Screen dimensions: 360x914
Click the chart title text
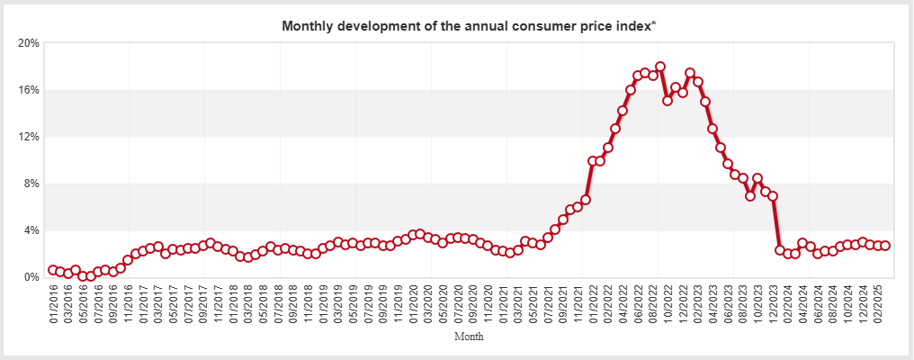point(469,25)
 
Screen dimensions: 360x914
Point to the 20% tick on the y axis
point(29,43)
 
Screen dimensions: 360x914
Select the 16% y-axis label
point(29,90)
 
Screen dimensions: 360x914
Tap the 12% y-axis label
point(29,137)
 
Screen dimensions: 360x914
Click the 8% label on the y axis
point(31,184)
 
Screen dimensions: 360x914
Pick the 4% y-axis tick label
point(31,230)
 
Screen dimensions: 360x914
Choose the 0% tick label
point(31,277)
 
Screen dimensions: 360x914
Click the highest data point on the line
point(660,67)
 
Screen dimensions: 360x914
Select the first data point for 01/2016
point(53,270)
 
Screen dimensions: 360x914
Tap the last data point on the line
point(885,246)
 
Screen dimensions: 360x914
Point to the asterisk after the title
point(654,23)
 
